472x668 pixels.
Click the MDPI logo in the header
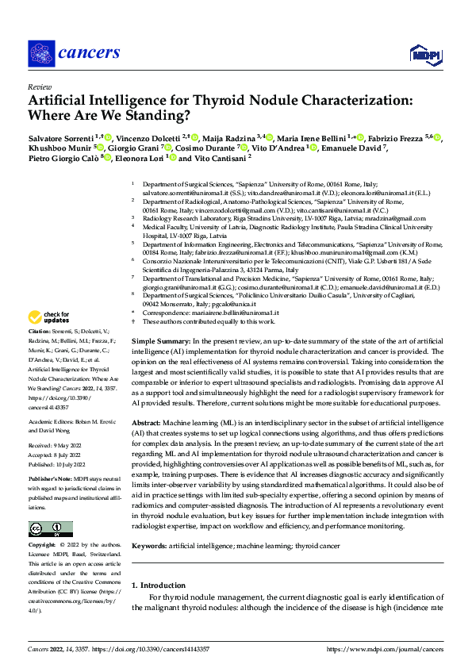point(420,53)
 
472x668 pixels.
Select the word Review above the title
point(40,86)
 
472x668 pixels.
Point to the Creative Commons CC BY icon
point(50,528)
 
